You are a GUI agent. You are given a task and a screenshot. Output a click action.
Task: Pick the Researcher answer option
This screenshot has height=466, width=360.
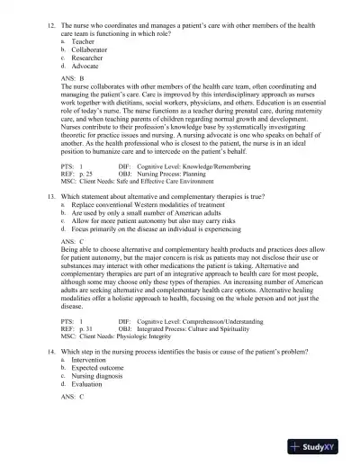pos(86,58)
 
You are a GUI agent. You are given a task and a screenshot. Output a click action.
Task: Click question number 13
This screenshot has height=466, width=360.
pos(51,195)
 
